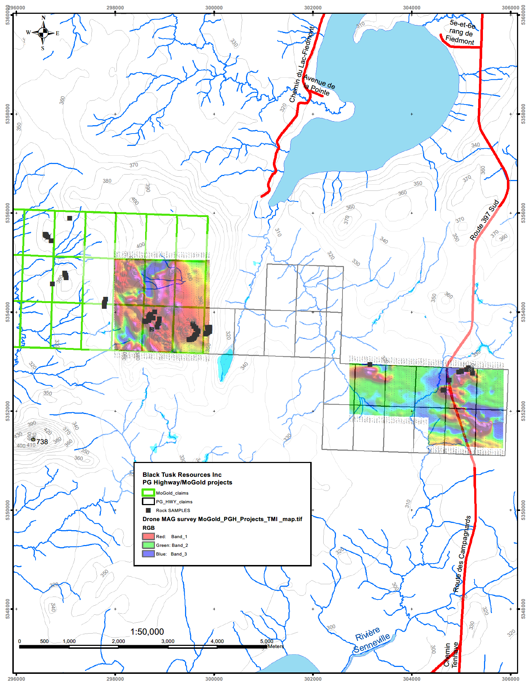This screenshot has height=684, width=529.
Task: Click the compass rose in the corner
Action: pos(43,33)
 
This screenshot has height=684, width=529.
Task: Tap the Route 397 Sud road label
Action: pos(485,220)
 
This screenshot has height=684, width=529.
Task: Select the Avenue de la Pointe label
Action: pos(318,85)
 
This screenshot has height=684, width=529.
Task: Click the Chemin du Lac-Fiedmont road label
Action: pos(302,64)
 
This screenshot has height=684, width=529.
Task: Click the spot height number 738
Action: pos(42,442)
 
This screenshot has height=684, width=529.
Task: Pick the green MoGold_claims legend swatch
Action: pos(148,493)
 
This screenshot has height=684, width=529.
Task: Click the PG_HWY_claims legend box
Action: pos(148,501)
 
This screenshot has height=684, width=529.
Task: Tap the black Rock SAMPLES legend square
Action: pos(148,510)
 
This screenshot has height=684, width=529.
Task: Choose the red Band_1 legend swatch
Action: pos(148,536)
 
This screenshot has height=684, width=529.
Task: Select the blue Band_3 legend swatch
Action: pos(148,554)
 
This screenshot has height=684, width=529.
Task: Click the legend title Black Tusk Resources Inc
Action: pos(182,475)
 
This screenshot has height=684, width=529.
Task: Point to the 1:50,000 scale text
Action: pos(147,632)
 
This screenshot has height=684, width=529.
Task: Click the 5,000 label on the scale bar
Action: pos(266,641)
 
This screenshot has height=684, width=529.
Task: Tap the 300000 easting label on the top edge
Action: pos(214,8)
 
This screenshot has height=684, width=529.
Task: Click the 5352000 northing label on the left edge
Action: pos(8,411)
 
